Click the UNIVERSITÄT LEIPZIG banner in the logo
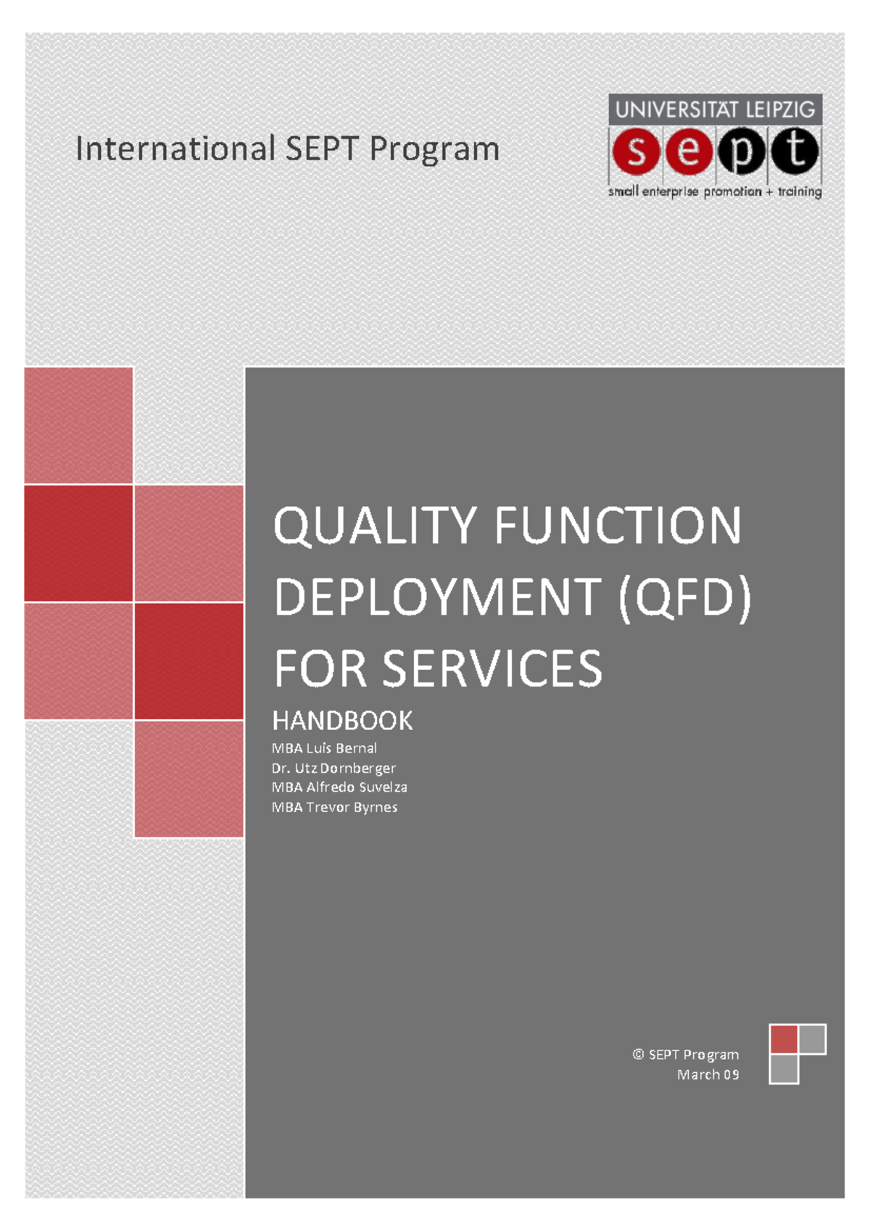715,110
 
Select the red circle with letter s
636,152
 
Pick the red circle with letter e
689,152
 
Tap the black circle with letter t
795,152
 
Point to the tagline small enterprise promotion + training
715,191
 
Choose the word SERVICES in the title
492,668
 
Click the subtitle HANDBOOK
342,721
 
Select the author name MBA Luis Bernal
324,748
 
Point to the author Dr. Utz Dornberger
333,768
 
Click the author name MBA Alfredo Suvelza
339,787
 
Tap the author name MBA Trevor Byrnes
334,807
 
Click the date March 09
708,1074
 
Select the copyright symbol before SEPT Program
638,1054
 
